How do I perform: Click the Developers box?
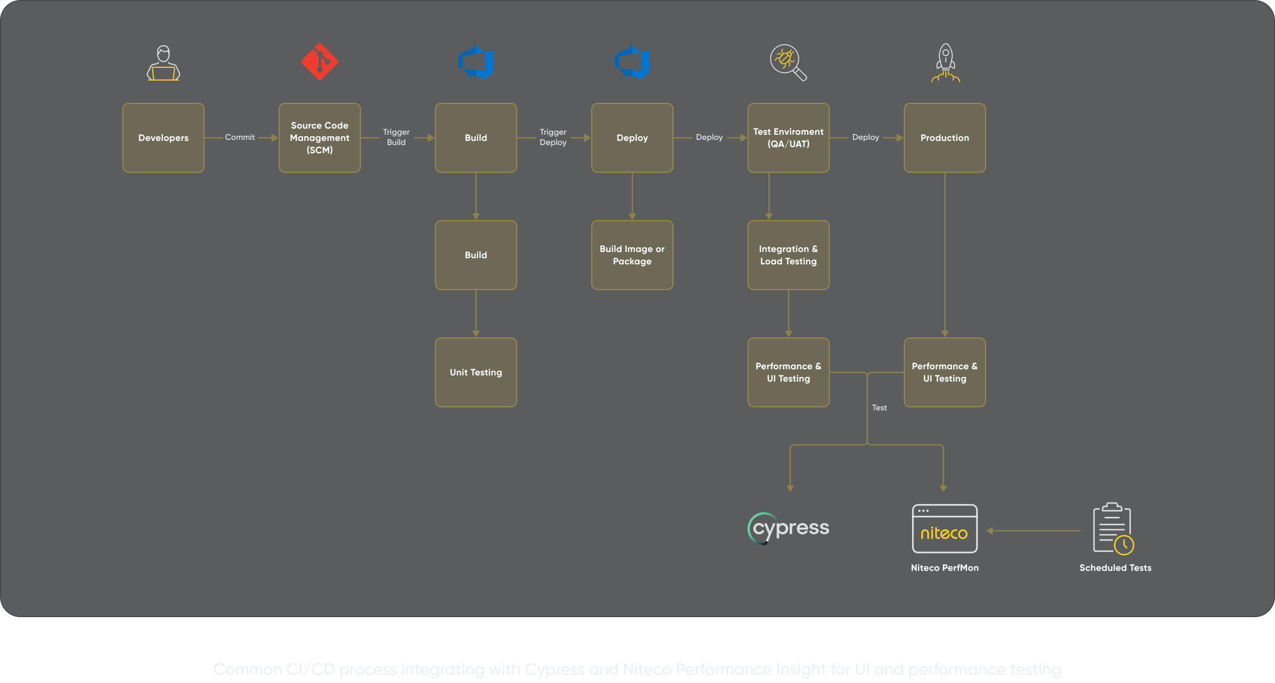click(x=163, y=138)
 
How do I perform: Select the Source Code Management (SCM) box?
click(x=319, y=138)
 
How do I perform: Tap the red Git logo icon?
click(x=319, y=62)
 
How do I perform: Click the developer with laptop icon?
click(x=163, y=63)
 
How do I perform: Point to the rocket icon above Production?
click(x=945, y=63)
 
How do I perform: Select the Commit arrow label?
click(x=240, y=137)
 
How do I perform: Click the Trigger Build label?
click(x=396, y=137)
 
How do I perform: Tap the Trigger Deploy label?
click(x=553, y=137)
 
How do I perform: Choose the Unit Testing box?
click(x=476, y=372)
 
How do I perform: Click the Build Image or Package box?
click(x=632, y=255)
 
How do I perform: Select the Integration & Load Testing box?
click(x=788, y=255)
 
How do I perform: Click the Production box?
click(x=944, y=138)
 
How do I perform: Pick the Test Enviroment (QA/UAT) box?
click(x=788, y=138)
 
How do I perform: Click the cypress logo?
click(x=788, y=528)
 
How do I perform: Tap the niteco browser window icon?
click(x=944, y=529)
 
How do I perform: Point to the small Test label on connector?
click(x=879, y=408)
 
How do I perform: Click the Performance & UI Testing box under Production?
click(x=944, y=372)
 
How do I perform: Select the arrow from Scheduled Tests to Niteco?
click(x=1033, y=531)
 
